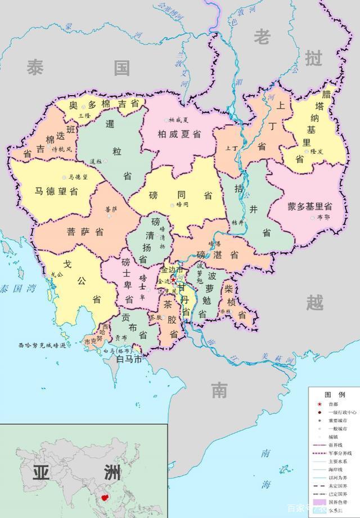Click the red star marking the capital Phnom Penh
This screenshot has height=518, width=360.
tap(174, 278)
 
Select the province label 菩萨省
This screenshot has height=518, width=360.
tap(85, 231)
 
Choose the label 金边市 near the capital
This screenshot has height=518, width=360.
tap(170, 270)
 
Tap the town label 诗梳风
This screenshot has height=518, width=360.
tap(62, 150)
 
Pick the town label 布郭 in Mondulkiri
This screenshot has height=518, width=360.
tap(323, 216)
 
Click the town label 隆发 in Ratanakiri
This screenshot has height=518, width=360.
tap(317, 151)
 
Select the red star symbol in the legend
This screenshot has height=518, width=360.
tap(319, 404)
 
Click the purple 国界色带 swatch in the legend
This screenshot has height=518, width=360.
tap(319, 502)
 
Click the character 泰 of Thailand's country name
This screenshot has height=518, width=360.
tap(35, 68)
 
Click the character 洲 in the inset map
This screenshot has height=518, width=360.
tap(103, 471)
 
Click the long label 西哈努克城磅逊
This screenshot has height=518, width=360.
tap(42, 345)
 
